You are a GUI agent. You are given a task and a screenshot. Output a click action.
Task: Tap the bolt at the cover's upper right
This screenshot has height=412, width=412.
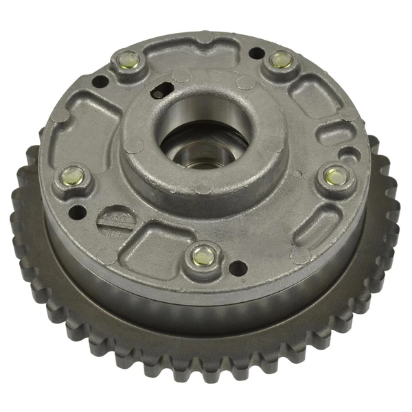click(280, 60)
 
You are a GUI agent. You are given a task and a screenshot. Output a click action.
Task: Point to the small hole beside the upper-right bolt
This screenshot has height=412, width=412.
click(255, 52)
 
